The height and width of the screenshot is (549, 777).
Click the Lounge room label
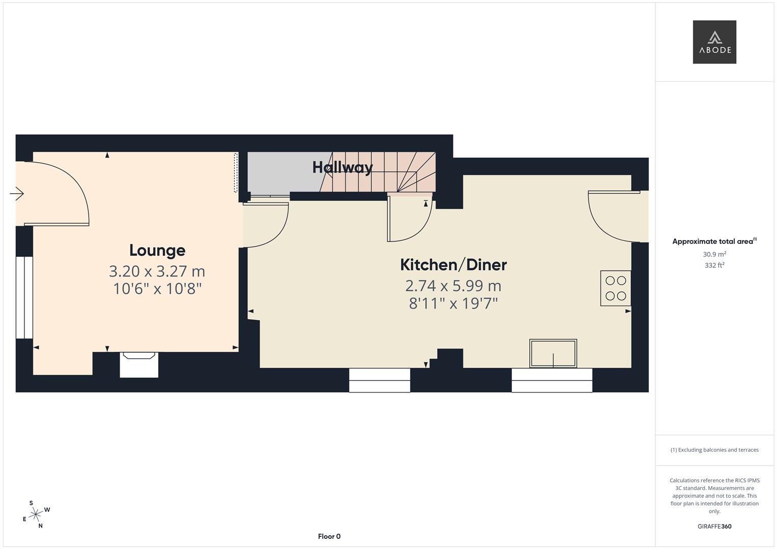[x=157, y=250]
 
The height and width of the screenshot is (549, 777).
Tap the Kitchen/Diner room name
[x=453, y=265]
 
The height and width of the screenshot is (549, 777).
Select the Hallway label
[x=342, y=167]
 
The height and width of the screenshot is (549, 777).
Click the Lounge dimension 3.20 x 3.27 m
[x=157, y=271]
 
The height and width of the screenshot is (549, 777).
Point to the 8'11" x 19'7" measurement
[x=453, y=303]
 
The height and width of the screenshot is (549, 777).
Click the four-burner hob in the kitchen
[x=616, y=288]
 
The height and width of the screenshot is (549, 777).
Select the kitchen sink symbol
[x=553, y=353]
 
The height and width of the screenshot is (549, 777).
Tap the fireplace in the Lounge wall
[x=139, y=364]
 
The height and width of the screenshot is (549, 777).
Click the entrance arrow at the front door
[x=17, y=194]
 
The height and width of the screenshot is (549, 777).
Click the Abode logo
[x=714, y=42]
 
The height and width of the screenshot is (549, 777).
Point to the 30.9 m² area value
[x=714, y=254]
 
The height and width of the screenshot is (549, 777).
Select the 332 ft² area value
[x=714, y=265]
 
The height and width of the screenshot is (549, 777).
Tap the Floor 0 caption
[x=329, y=536]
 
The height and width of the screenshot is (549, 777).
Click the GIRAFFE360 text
[x=714, y=527]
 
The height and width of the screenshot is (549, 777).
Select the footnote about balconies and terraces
[x=714, y=450]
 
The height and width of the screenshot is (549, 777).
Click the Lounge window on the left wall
[x=24, y=297]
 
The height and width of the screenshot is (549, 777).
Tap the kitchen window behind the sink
[x=552, y=380]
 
